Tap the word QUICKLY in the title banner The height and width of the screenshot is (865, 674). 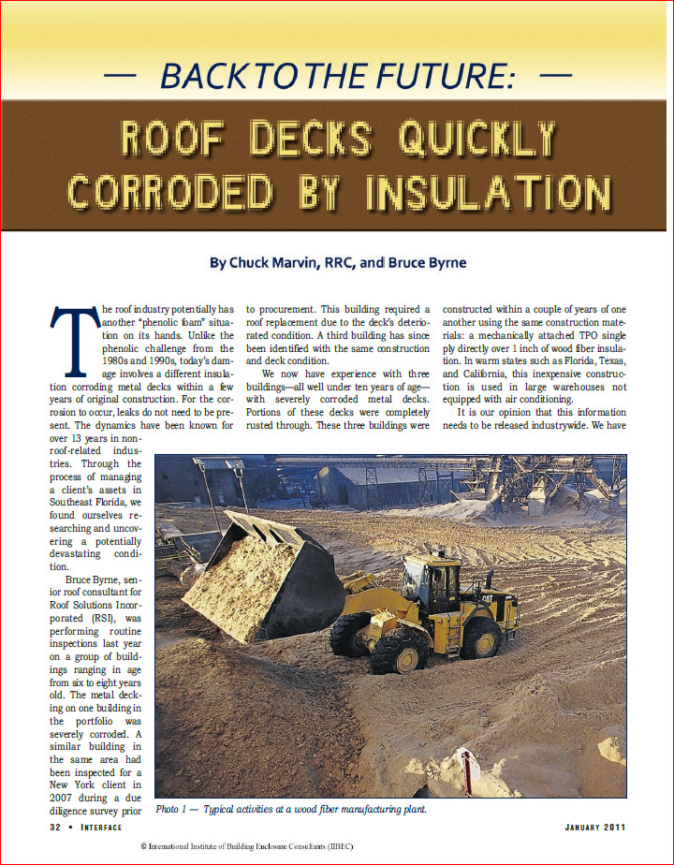pyautogui.click(x=477, y=139)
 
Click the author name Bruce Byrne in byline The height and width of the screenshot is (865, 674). pyautogui.click(x=426, y=263)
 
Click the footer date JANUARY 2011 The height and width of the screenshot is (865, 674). pyautogui.click(x=595, y=828)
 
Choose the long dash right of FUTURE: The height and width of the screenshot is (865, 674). pyautogui.click(x=556, y=73)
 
